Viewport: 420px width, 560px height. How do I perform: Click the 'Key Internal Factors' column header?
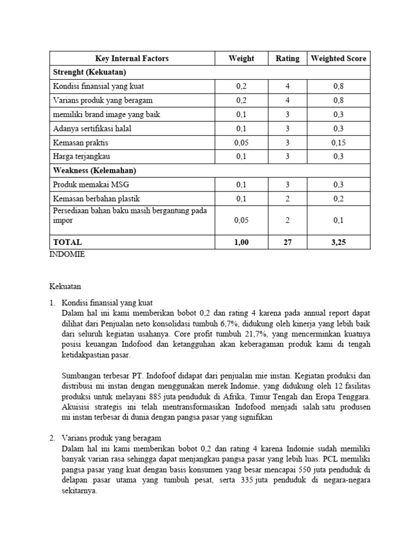tap(132, 59)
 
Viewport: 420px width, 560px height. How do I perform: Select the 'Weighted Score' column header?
tap(339, 59)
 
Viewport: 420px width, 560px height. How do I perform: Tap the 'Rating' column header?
tap(287, 59)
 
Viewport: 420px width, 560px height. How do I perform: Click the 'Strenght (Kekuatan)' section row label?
tap(89, 72)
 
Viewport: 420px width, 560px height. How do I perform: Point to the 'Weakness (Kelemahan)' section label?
tap(94, 171)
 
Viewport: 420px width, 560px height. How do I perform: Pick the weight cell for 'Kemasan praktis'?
tap(241, 143)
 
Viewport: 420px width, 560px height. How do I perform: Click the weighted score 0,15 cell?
tap(339, 143)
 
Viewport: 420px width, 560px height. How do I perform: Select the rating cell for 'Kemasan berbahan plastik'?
tap(287, 199)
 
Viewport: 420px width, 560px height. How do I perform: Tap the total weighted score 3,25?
tap(339, 242)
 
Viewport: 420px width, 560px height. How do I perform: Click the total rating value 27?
tap(287, 242)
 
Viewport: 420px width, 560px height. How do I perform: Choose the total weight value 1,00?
tap(241, 242)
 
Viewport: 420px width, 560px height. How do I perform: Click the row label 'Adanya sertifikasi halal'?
tap(92, 129)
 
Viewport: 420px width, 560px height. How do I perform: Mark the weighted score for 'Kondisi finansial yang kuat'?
tap(339, 86)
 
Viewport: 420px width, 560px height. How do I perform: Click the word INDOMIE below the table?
tap(67, 255)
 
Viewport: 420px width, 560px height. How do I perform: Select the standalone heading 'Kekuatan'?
tap(65, 286)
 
